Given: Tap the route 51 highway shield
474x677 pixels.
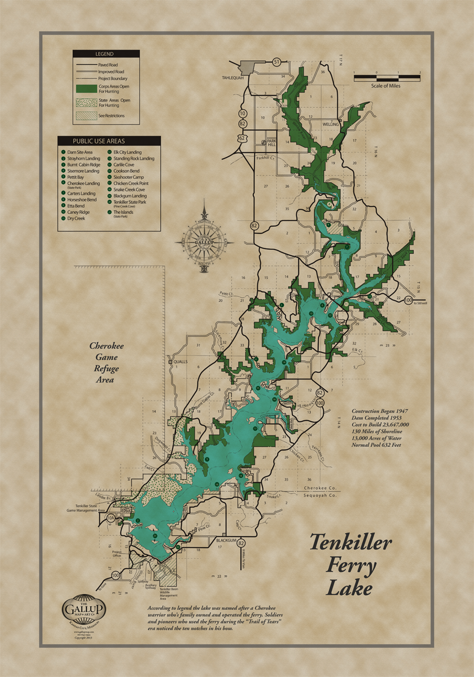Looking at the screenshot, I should click(276, 61).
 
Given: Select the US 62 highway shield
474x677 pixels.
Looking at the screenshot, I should click(242, 138).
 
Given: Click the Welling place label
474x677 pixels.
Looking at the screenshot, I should click(330, 124).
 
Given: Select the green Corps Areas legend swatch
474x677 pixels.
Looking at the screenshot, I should click(86, 88).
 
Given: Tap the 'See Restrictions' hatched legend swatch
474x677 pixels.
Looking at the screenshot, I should click(86, 116).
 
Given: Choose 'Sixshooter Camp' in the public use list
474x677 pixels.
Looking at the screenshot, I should click(128, 177).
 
